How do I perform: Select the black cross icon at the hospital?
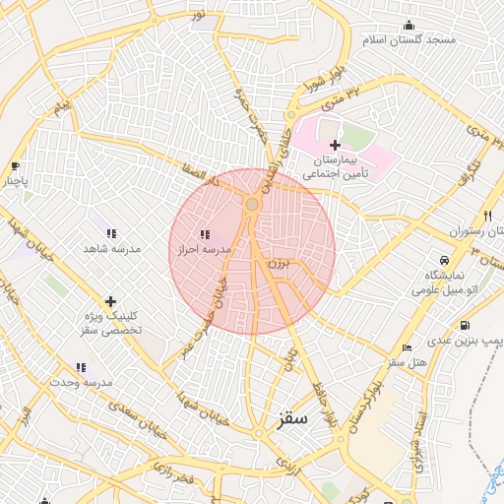tap(335, 145)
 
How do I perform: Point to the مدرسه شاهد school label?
tap(111, 249)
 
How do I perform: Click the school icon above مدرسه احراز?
tap(205, 234)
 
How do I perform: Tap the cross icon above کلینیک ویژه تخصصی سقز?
tap(110, 301)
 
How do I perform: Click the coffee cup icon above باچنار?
tap(14, 166)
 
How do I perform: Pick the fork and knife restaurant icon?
tap(487, 216)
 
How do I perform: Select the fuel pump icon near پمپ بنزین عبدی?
tap(464, 326)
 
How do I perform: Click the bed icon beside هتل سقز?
tap(407, 349)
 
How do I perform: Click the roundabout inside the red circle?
tap(252, 204)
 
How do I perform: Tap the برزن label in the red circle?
tap(280, 266)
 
